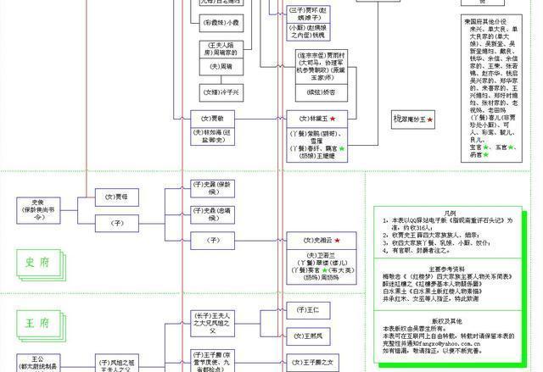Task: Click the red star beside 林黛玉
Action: pos(333,119)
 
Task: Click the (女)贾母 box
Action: pos(116,197)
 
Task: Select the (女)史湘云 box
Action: pos(310,242)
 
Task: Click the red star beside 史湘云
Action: pos(337,242)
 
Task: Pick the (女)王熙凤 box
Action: pos(310,336)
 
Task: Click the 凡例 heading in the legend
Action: pos(449,212)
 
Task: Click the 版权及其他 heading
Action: pos(448,321)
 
